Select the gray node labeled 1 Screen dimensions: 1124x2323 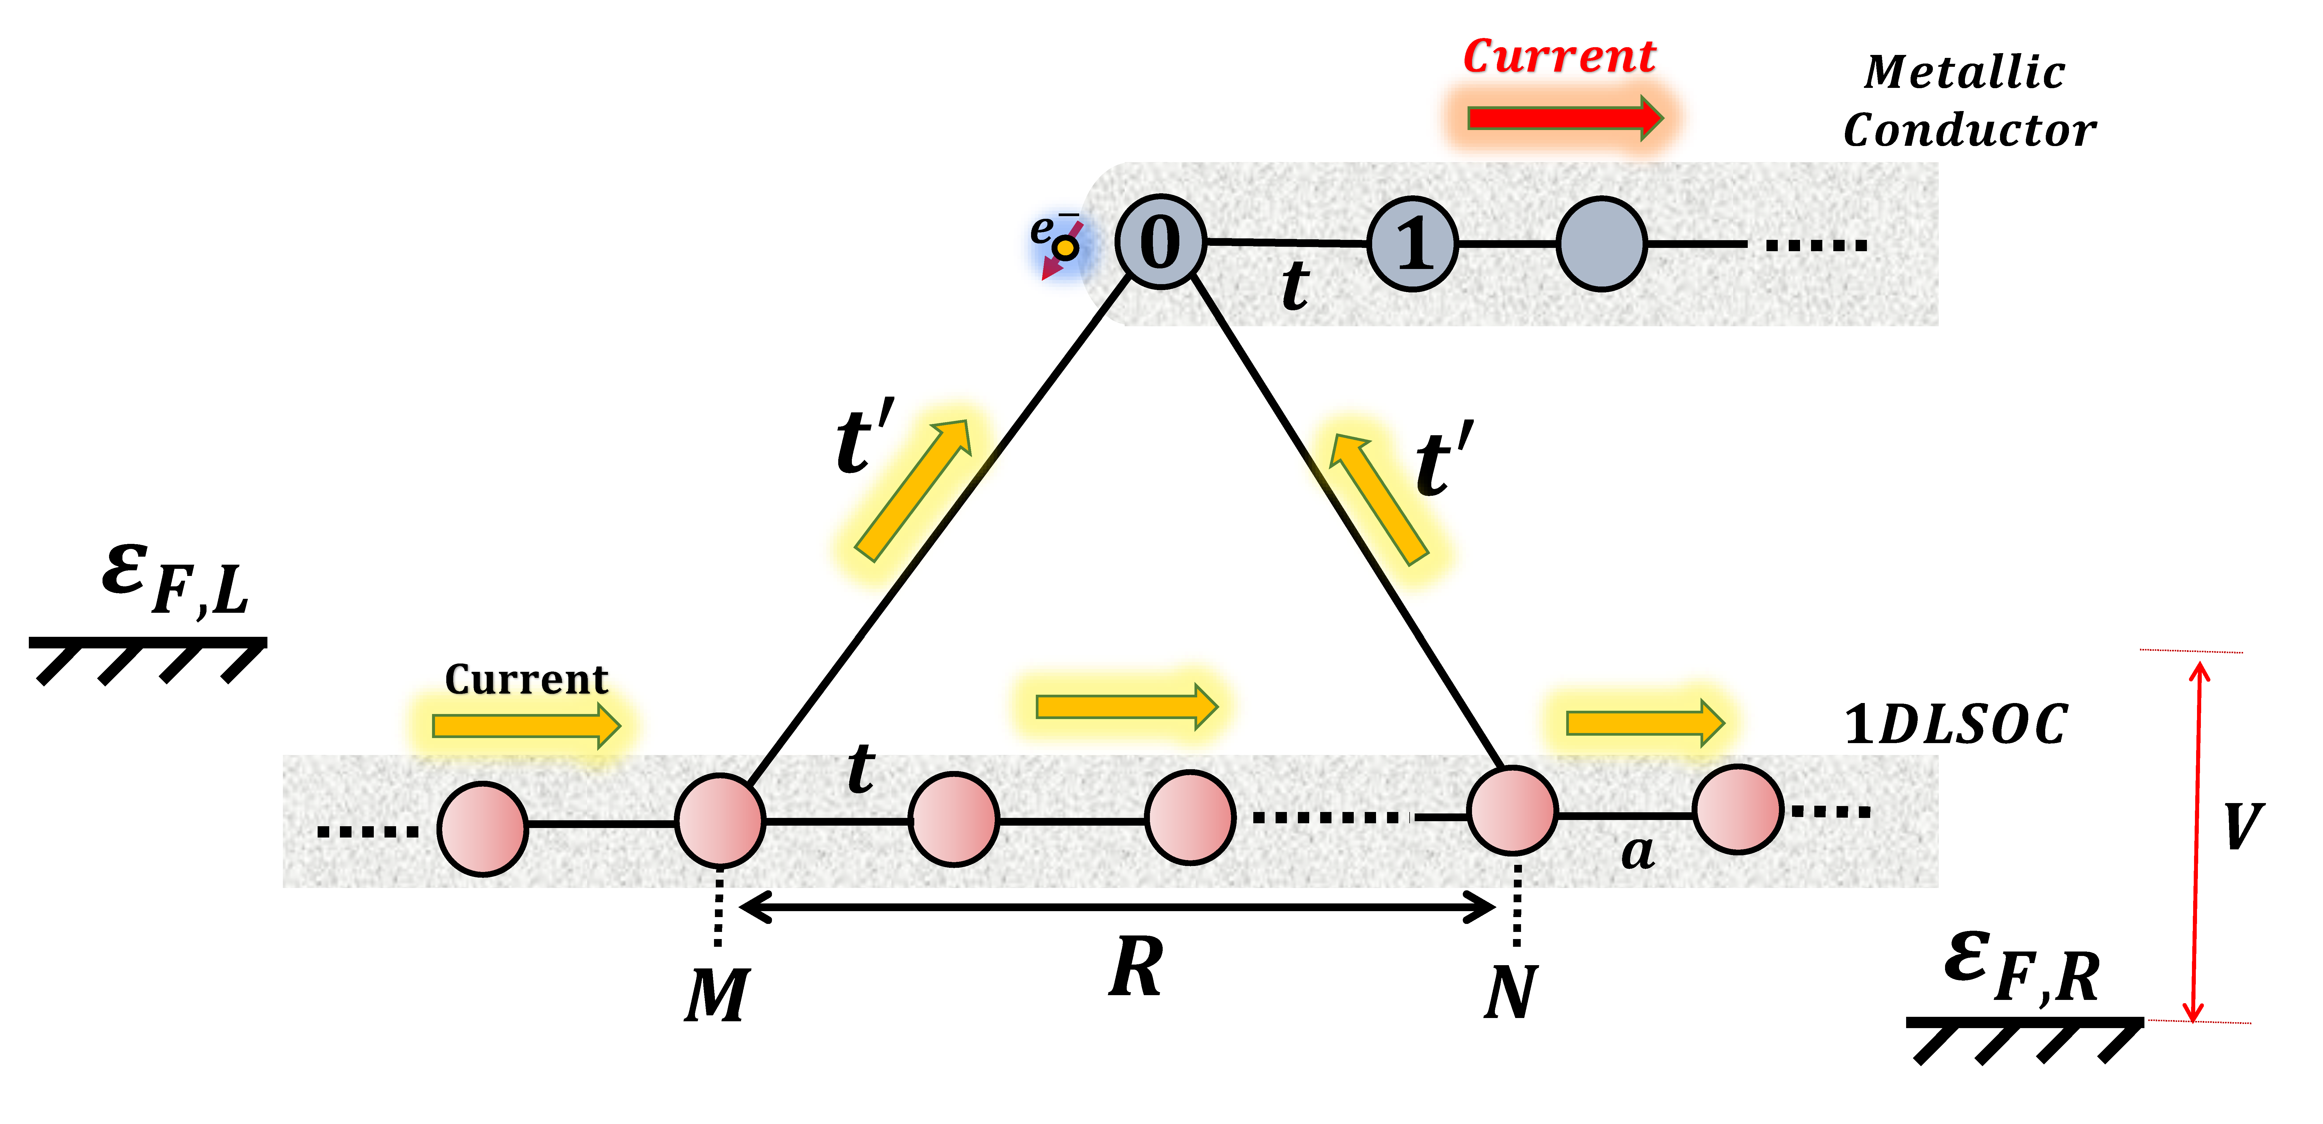[x=1412, y=243]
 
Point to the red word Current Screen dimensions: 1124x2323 [x=1558, y=57]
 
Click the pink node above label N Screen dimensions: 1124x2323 [x=1512, y=810]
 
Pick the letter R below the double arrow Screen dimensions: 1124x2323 [x=1135, y=967]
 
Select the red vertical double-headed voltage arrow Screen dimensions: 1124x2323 [x=2197, y=838]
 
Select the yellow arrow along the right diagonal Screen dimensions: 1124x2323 [x=1378, y=498]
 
